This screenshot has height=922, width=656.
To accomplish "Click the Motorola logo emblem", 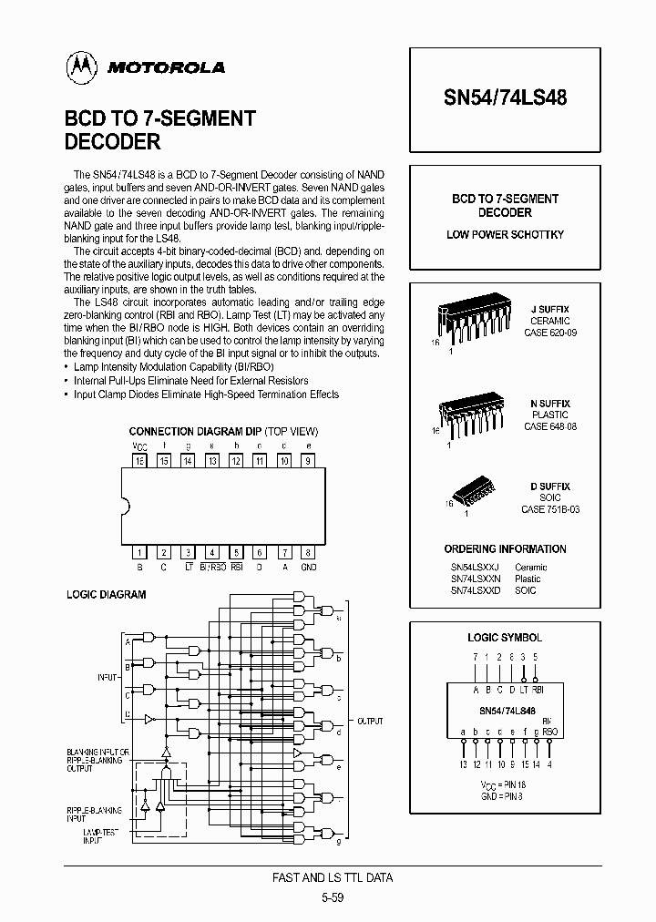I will point(82,66).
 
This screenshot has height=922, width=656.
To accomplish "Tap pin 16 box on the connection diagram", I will point(140,461).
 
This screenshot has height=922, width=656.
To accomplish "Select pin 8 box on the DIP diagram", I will point(309,552).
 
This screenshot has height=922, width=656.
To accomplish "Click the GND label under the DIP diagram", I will point(309,566).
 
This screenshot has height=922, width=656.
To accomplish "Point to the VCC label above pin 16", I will point(139,446).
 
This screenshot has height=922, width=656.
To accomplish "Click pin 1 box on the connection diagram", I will point(140,552).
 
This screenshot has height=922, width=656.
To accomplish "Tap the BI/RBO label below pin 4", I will point(212,566).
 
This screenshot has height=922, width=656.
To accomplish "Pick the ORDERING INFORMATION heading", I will point(505,549).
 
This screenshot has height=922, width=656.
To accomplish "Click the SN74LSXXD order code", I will point(475,590).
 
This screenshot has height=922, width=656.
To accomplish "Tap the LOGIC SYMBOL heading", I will point(505,638).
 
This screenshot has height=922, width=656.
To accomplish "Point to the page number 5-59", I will point(333,897).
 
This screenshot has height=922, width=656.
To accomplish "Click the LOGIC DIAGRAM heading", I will point(107,595).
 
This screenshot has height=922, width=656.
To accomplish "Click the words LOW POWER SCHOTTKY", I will point(505,235).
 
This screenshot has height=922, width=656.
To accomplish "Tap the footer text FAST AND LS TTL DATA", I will point(333,878).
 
